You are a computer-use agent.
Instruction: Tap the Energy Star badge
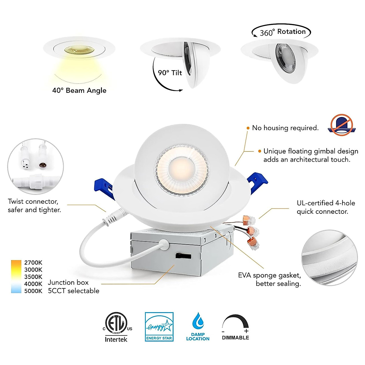pos(159,326)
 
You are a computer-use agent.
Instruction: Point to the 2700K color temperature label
pos(33,262)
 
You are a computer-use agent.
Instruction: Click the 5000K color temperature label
pos(33,291)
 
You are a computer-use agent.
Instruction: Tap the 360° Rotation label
pos(283,32)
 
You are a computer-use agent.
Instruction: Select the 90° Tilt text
pos(170,73)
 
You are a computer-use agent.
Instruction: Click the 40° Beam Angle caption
pos(79,90)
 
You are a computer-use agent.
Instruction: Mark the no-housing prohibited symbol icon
pos(342,125)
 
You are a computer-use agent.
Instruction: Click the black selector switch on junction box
pos(183,256)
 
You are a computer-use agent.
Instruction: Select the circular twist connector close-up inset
pos(36,166)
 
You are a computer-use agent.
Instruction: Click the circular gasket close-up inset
pos(329,258)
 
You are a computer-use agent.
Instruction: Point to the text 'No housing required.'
pos(285,128)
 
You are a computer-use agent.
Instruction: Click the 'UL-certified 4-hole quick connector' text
pos(326,207)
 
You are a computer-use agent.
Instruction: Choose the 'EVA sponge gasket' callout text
pos(269,279)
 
